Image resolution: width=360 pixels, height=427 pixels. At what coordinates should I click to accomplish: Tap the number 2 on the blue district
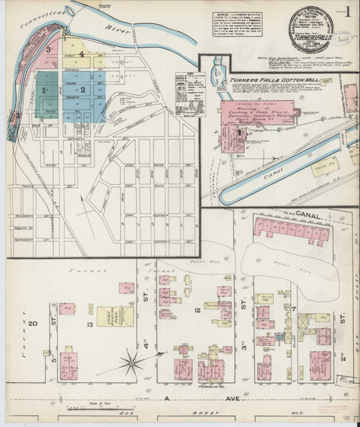pyautogui.click(x=83, y=90)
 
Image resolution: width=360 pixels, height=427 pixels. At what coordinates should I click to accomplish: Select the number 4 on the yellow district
pyautogui.click(x=82, y=53)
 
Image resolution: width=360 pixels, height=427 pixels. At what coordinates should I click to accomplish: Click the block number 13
pyautogui.click(x=90, y=325)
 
